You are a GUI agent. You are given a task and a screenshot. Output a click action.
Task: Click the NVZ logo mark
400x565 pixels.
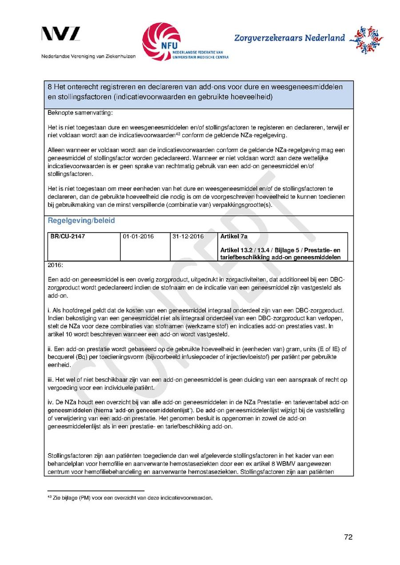click(61, 34)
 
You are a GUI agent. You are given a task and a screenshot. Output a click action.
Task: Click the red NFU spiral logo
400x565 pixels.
click(161, 41)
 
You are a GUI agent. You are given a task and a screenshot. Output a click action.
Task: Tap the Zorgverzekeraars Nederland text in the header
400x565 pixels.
click(289, 38)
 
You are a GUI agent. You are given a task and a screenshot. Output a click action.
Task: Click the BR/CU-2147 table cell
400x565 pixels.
click(68, 237)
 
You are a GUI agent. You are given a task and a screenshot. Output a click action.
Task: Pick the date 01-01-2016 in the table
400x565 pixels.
click(138, 237)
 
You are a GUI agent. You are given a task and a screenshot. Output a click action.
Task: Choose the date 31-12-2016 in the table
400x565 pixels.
click(188, 237)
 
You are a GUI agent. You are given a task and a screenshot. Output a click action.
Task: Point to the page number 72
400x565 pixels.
click(348, 537)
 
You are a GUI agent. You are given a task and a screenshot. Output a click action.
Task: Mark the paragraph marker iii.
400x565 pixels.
click(50, 379)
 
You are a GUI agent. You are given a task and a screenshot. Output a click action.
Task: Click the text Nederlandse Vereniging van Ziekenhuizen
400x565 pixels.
click(88, 56)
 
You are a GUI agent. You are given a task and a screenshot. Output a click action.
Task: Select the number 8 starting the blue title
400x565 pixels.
click(50, 87)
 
